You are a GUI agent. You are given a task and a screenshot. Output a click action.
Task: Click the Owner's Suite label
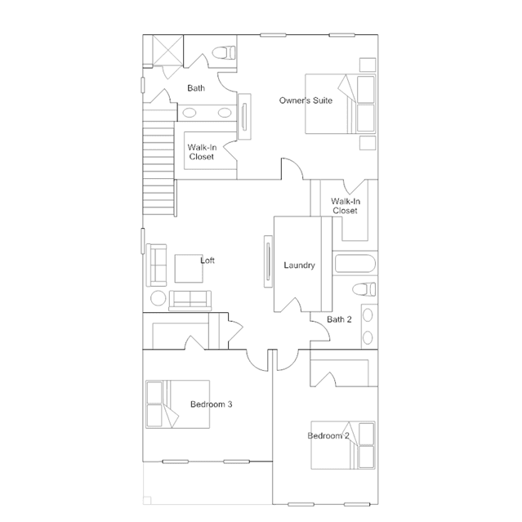(306, 100)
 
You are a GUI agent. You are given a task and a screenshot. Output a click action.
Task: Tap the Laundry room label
(299, 265)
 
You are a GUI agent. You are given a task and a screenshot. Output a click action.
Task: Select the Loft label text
(207, 261)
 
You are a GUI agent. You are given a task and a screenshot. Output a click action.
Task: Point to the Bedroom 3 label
(212, 404)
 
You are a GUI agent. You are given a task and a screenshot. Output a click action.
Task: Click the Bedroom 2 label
(328, 435)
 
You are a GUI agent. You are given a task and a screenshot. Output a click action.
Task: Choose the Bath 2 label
(339, 319)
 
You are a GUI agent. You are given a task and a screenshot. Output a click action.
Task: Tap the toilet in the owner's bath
(224, 52)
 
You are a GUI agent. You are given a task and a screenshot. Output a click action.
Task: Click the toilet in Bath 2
(364, 289)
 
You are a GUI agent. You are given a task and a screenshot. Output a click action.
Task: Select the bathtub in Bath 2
(355, 263)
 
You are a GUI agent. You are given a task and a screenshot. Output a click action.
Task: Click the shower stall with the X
(167, 51)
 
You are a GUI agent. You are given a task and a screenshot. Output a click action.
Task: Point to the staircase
(158, 168)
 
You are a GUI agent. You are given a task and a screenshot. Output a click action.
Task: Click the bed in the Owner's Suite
(340, 104)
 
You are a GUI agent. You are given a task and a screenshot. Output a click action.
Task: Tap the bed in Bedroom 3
(178, 404)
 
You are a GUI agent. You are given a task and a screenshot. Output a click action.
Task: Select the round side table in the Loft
(158, 298)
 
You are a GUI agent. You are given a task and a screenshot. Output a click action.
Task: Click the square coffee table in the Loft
(189, 269)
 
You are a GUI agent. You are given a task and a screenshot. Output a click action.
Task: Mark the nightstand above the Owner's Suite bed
(368, 65)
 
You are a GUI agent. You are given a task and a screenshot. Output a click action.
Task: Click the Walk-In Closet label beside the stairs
(202, 152)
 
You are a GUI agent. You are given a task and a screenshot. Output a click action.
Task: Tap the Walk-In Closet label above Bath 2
(346, 206)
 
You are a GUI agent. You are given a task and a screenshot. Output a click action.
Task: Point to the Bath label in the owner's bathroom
(196, 88)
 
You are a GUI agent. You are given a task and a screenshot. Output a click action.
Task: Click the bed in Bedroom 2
(343, 445)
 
